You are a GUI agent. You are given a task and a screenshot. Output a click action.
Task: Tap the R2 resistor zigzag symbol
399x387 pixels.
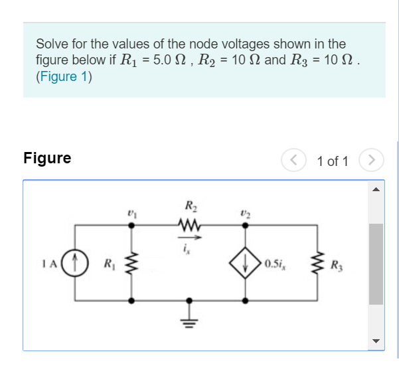(189, 226)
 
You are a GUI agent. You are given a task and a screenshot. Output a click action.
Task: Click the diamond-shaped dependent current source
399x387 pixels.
(246, 264)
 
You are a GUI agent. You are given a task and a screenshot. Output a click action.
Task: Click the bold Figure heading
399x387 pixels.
(46, 158)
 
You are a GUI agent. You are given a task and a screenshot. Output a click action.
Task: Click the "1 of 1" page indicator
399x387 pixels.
(332, 161)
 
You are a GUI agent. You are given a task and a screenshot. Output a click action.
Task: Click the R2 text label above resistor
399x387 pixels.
(189, 206)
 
